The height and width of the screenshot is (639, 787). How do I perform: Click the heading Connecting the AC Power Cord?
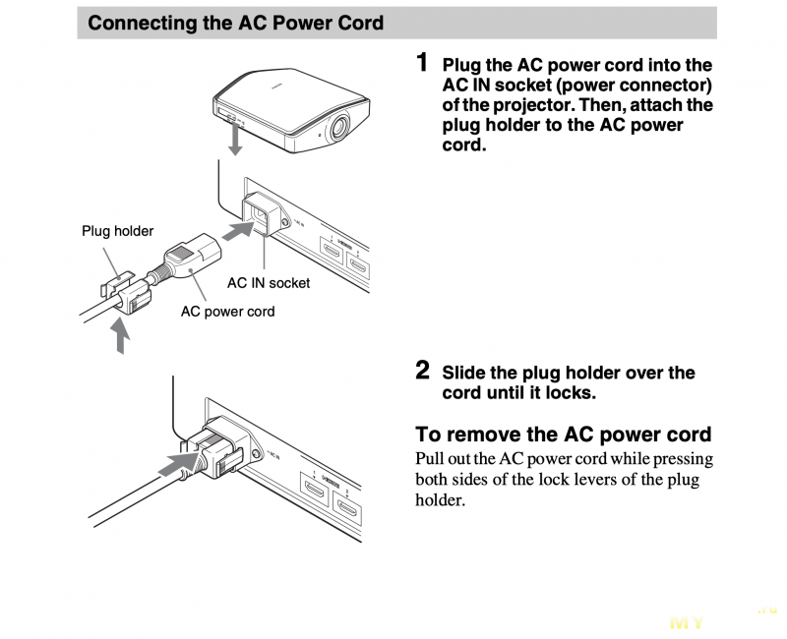[x=236, y=23]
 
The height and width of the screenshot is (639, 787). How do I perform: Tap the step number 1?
[x=423, y=63]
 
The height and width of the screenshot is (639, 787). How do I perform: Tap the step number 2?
[x=423, y=371]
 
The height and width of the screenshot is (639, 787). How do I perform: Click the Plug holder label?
[x=117, y=231]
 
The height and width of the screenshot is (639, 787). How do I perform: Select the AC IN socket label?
[x=269, y=283]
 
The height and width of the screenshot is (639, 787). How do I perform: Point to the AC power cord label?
[x=227, y=312]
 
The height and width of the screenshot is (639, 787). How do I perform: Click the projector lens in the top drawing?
[x=338, y=125]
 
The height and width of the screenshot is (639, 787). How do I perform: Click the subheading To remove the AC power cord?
[x=563, y=434]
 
